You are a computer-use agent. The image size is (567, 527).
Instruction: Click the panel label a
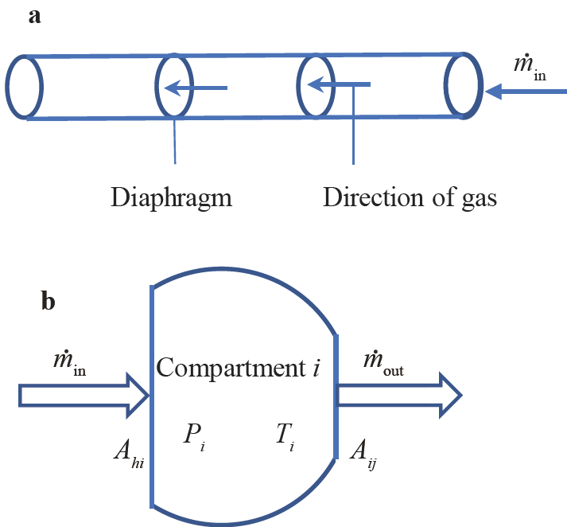coord(35,17)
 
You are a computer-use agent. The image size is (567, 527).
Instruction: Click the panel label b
coord(49,303)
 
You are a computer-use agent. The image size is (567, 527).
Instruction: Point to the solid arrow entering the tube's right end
coord(525,92)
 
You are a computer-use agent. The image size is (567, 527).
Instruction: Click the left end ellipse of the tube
coord(22,87)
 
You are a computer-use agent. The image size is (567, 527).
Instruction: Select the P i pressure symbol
coord(196,435)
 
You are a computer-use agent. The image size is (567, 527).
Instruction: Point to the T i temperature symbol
coord(285,435)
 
